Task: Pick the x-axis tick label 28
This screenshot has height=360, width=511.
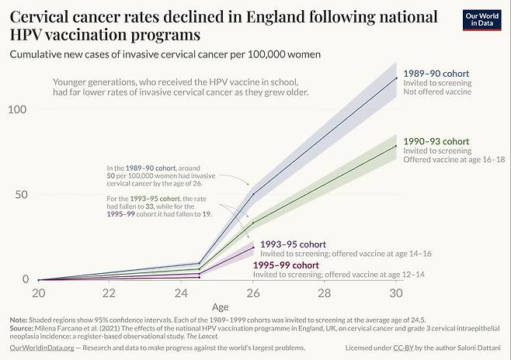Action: (324, 293)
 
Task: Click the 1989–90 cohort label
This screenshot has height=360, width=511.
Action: (436, 74)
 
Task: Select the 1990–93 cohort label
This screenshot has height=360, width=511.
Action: (436, 141)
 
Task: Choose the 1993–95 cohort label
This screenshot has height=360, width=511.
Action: (294, 244)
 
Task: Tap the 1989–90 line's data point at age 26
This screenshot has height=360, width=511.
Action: (252, 194)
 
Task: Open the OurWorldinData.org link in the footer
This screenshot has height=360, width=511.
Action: (42, 348)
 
